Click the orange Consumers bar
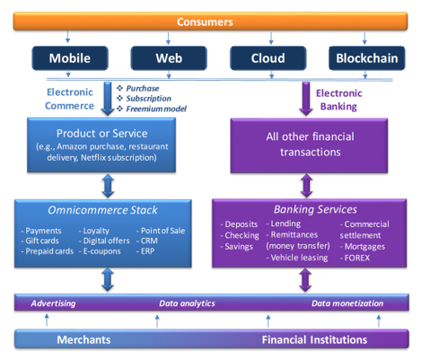(210, 22)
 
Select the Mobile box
(70, 58)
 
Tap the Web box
(169, 58)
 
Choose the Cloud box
(268, 58)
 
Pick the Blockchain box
(367, 58)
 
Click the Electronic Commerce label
(69, 99)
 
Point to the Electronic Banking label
(339, 100)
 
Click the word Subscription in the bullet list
(148, 99)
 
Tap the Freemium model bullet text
(156, 109)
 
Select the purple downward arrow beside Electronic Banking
(306, 99)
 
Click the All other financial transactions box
(309, 145)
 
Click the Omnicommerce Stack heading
(102, 210)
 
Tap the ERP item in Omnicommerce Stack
(147, 251)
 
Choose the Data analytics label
(187, 303)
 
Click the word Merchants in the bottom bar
(83, 339)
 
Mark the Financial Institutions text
(314, 339)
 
